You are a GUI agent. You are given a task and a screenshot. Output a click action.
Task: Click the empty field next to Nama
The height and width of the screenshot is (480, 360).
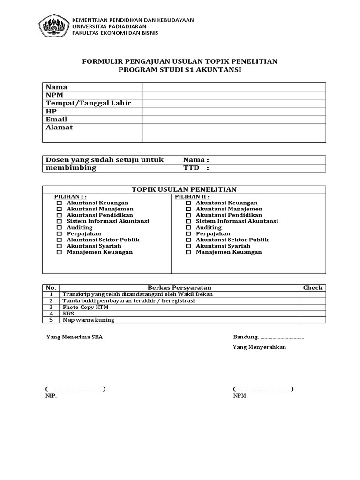point(234,87)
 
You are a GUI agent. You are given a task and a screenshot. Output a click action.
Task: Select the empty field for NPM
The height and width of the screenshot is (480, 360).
point(234,95)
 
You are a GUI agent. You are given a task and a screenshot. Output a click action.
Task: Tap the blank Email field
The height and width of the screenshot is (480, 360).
point(234,120)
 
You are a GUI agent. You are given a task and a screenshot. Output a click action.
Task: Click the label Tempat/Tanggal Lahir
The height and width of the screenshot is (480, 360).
point(88,103)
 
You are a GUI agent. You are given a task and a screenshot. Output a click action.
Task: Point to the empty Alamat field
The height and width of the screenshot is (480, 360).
point(234,132)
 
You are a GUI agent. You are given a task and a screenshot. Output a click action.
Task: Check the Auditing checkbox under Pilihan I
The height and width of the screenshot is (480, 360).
point(59,227)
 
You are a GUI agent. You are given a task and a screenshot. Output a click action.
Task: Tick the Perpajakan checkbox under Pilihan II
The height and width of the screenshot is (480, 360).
point(188,233)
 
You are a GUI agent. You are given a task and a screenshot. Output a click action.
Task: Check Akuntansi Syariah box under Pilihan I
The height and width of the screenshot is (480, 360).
point(59,246)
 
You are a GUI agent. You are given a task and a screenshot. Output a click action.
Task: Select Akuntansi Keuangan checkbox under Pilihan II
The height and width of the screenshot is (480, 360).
point(188,203)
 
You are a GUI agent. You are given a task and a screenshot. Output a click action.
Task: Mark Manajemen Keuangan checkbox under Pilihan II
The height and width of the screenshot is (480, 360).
point(188,252)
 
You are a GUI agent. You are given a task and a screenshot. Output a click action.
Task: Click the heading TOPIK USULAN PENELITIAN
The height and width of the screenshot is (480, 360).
point(184,189)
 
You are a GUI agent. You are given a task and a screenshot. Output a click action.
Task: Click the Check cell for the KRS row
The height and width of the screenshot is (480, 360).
point(313,314)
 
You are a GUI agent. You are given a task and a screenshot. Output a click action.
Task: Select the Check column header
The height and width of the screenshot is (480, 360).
point(313,288)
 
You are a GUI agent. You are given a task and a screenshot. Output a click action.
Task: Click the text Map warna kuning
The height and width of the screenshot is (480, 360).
point(88,320)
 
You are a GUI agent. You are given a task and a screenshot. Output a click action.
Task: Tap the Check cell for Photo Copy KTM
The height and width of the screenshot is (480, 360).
point(313,307)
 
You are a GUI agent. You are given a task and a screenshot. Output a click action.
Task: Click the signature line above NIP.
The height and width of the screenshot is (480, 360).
point(75,389)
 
